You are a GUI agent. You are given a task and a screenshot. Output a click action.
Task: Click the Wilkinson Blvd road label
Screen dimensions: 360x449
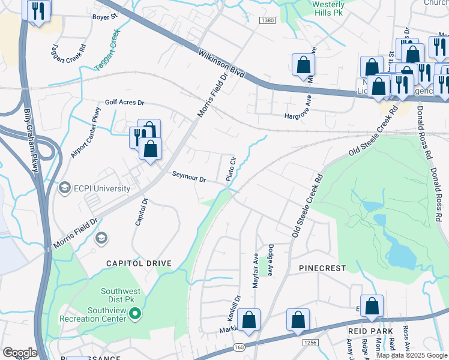point(221,63)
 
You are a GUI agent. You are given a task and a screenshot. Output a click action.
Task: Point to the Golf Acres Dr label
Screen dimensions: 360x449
point(125,103)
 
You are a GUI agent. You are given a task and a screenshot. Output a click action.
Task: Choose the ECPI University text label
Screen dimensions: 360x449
point(101,188)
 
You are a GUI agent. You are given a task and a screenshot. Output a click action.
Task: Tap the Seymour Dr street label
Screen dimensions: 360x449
point(189,179)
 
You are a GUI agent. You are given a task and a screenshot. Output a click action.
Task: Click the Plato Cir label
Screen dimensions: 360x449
point(229,169)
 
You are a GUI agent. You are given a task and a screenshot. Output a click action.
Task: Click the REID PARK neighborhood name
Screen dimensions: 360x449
point(370,331)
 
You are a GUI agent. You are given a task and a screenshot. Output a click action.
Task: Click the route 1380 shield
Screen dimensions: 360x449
point(268,20)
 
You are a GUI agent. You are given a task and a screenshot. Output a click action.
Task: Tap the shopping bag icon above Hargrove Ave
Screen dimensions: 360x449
point(303,65)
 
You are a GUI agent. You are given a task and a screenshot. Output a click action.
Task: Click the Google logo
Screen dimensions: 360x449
point(20,352)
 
